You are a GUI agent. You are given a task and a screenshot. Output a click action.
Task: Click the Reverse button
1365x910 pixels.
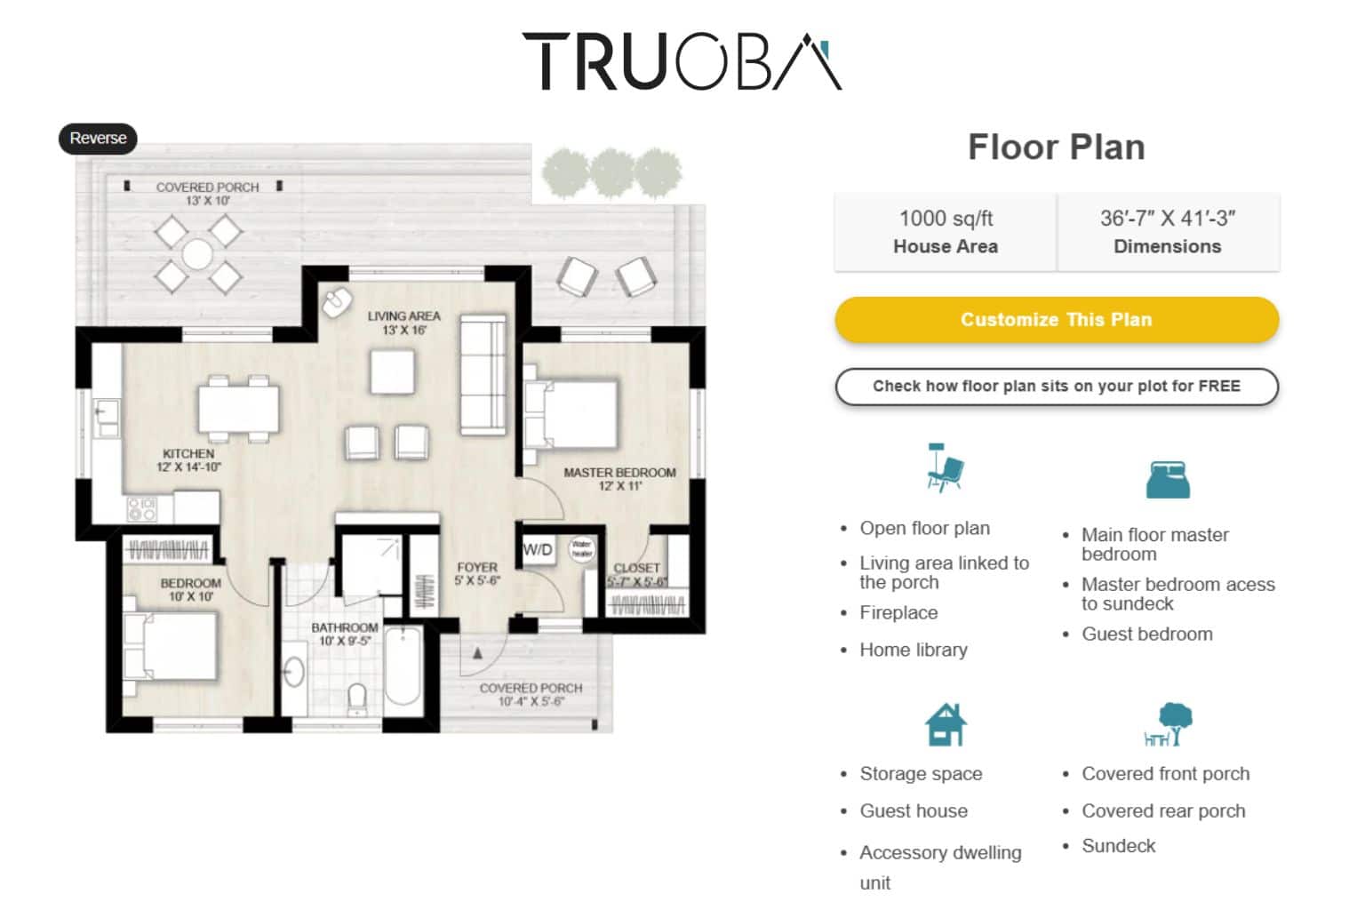pyautogui.click(x=98, y=139)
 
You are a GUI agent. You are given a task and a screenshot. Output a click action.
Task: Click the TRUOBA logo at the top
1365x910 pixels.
pyautogui.click(x=682, y=61)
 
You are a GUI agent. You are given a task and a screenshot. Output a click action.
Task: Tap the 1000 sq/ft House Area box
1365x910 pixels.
pyautogui.click(x=945, y=232)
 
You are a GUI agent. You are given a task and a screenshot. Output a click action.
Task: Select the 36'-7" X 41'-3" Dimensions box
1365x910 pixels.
pyautogui.click(x=1167, y=232)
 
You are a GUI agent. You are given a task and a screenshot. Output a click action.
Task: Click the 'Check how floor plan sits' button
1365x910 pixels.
pyautogui.click(x=1056, y=387)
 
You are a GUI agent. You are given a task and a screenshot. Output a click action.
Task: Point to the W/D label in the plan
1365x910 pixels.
pyautogui.click(x=538, y=549)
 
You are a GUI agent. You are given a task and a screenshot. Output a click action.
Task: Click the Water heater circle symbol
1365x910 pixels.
pyautogui.click(x=581, y=548)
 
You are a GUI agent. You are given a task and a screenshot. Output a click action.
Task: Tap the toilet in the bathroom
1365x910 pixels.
pyautogui.click(x=357, y=698)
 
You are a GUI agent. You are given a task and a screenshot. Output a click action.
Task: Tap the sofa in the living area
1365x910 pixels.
pyautogui.click(x=483, y=376)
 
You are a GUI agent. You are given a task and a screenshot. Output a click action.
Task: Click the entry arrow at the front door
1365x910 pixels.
pyautogui.click(x=477, y=654)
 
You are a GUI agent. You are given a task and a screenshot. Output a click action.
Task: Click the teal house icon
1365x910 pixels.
pyautogui.click(x=945, y=725)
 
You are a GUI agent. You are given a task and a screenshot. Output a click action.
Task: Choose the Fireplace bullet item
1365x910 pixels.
pyautogui.click(x=898, y=613)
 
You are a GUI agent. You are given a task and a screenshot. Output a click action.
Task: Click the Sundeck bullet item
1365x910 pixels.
pyautogui.click(x=1118, y=846)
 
